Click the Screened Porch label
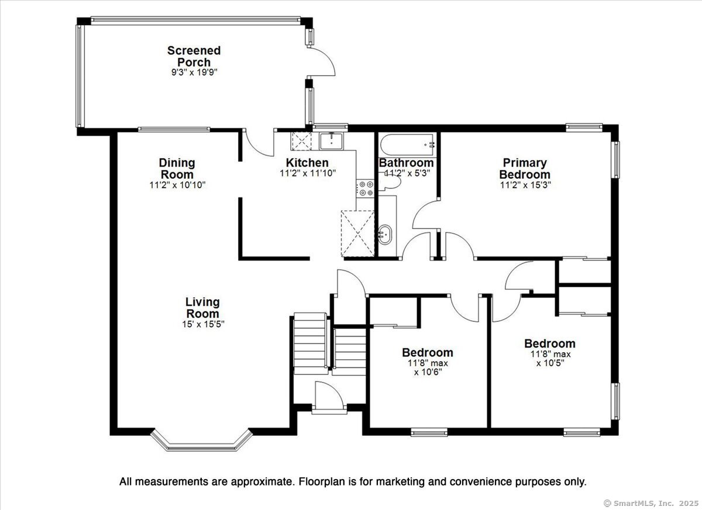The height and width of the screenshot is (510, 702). click(x=194, y=56)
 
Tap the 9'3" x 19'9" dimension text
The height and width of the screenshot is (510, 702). click(x=194, y=72)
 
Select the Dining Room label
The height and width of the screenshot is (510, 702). click(x=177, y=168)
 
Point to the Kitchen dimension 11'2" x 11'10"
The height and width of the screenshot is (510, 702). click(x=308, y=173)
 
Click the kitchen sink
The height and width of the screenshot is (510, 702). click(x=332, y=141)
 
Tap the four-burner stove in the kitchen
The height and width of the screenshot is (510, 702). click(x=365, y=189)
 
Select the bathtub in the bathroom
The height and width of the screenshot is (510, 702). click(x=407, y=145)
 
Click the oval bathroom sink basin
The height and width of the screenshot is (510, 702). click(x=385, y=235)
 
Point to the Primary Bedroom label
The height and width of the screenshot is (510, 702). click(x=525, y=168)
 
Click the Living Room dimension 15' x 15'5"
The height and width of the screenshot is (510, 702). click(x=204, y=324)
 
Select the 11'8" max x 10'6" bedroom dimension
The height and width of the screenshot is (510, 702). click(x=428, y=368)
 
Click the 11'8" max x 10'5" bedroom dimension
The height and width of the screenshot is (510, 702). click(x=550, y=359)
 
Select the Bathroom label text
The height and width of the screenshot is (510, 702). click(x=406, y=163)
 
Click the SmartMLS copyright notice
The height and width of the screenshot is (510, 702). click(x=651, y=504)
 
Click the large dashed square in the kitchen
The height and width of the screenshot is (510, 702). click(x=357, y=234)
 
